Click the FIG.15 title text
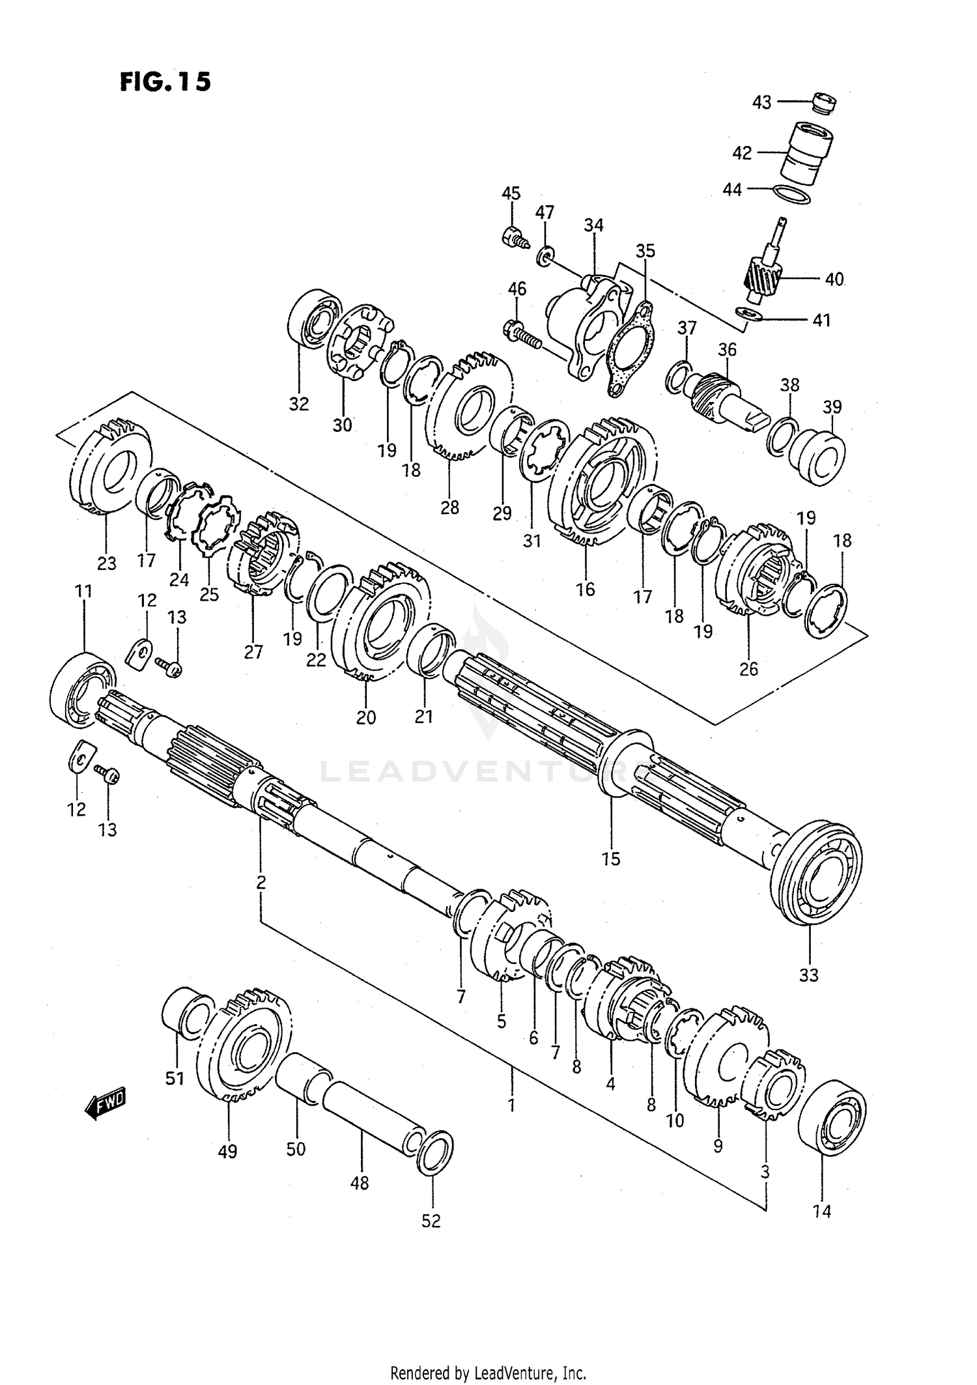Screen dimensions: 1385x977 click(x=165, y=82)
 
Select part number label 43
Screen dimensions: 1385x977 click(x=761, y=102)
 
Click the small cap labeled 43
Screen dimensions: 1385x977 click(x=825, y=104)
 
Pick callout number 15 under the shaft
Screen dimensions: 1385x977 click(x=611, y=859)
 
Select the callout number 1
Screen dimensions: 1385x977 click(x=511, y=1105)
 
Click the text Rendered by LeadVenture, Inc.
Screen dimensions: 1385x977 click(x=488, y=1373)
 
